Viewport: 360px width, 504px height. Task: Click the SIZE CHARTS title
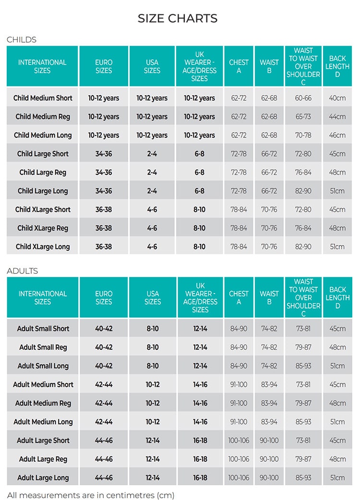tap(178, 18)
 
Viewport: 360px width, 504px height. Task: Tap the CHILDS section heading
tap(22, 39)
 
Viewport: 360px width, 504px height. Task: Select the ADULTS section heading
tap(23, 270)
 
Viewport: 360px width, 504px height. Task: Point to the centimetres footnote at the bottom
tap(91, 495)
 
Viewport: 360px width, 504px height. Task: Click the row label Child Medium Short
tap(43, 98)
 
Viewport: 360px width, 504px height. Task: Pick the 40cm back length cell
tap(337, 98)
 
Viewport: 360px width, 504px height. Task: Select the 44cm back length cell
tap(337, 117)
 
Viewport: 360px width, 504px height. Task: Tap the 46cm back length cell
tap(337, 135)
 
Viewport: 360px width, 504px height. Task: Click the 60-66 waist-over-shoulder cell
tap(303, 98)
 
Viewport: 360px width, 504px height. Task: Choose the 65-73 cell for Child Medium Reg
tap(303, 117)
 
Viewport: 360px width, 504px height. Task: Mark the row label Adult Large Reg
tap(43, 459)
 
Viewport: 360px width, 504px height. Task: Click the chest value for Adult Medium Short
tap(239, 384)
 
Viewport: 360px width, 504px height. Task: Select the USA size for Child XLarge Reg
tap(152, 228)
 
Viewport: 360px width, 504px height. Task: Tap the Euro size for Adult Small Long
tap(104, 366)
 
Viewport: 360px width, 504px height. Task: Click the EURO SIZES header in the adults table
tap(104, 297)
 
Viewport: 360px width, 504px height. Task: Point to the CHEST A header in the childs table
tap(239, 66)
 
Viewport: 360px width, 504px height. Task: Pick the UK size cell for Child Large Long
tap(199, 191)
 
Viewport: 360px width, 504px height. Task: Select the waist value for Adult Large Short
tap(269, 441)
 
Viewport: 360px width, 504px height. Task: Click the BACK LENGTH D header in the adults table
tap(337, 297)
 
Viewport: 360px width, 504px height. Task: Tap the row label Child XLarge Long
tap(43, 247)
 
